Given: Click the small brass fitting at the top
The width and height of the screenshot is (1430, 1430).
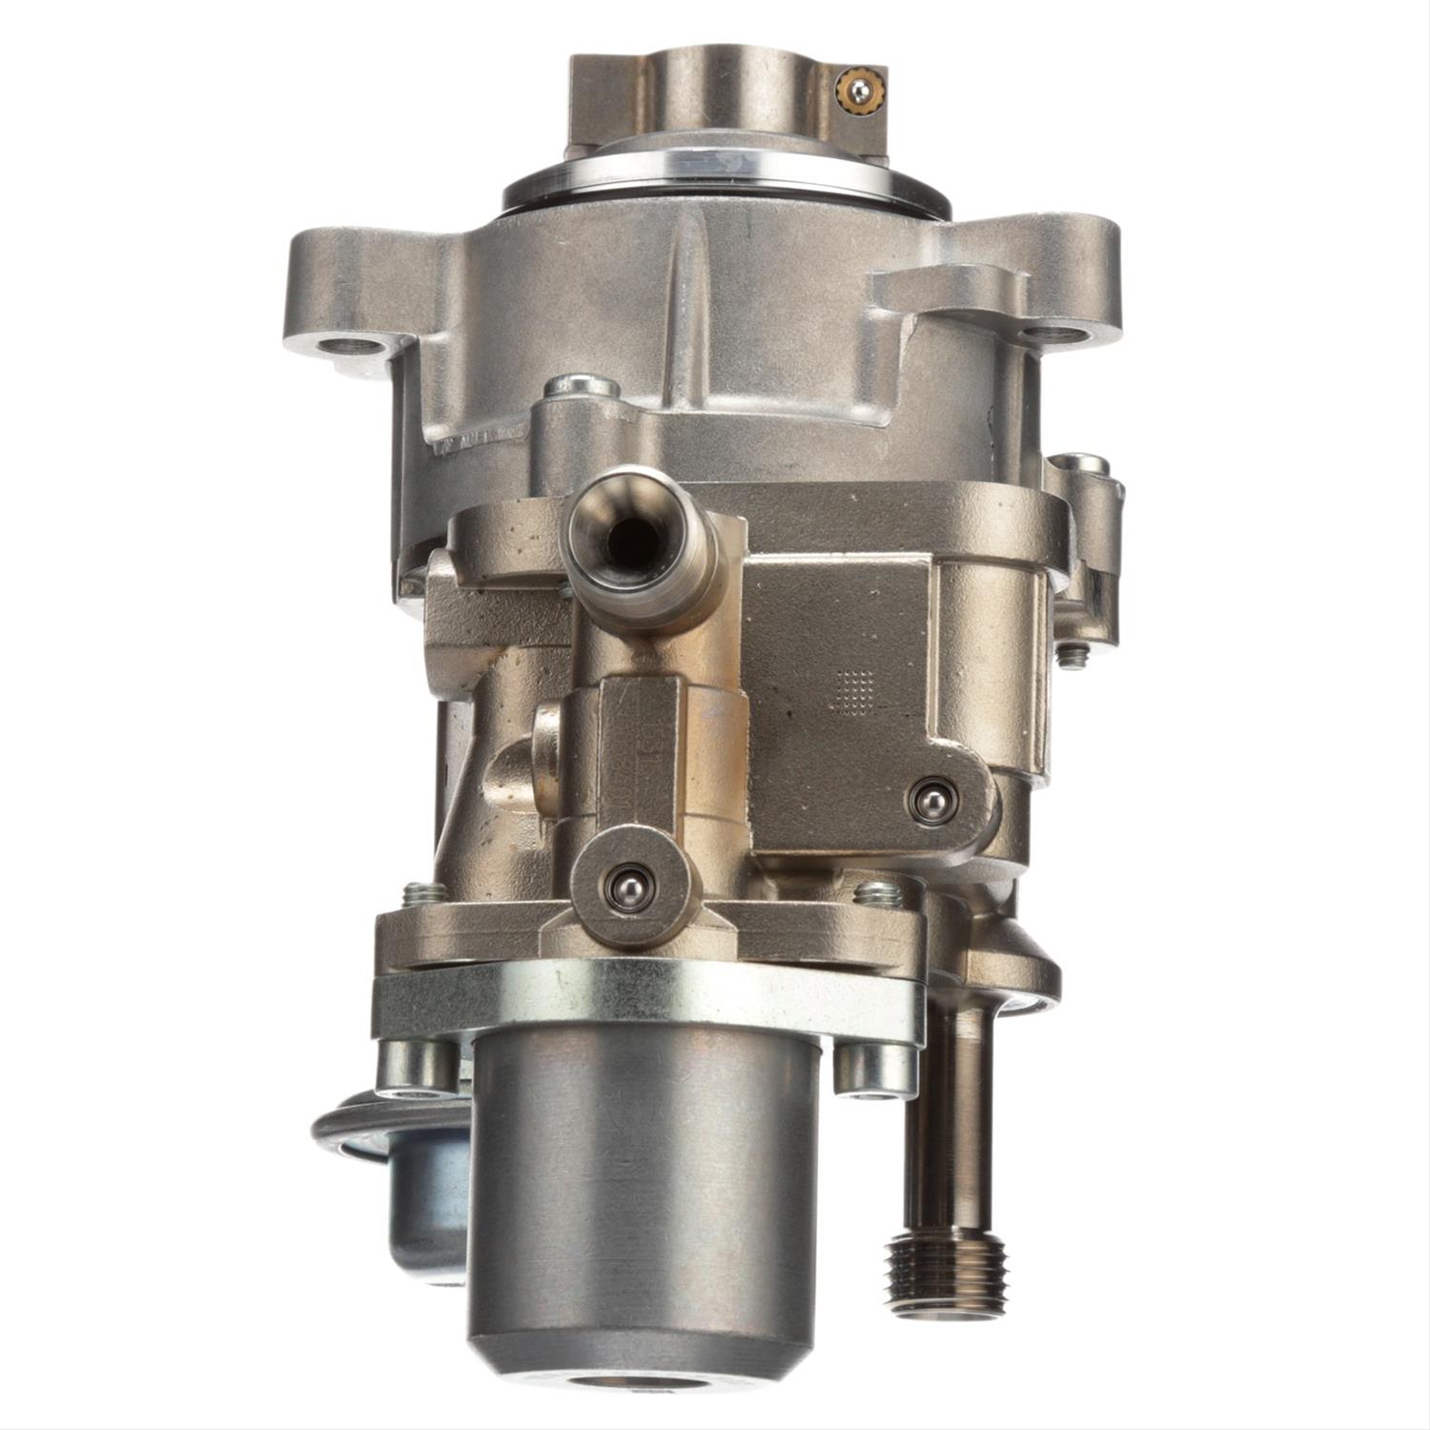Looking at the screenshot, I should click(859, 90).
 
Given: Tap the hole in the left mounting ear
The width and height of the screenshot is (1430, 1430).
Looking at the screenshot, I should click(340, 346).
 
